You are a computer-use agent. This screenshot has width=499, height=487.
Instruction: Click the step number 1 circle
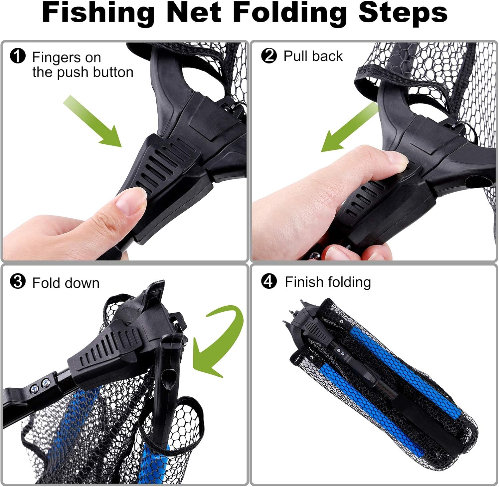pos(18,56)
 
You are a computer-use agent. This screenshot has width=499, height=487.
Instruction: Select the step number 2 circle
pos(269,55)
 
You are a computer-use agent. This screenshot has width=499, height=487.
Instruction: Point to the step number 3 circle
pos(18,281)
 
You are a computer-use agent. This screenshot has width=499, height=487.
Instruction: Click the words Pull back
pos(313,56)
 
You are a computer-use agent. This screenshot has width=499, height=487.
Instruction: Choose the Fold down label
pos(66,283)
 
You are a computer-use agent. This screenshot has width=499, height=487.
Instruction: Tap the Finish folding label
pos(328,282)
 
